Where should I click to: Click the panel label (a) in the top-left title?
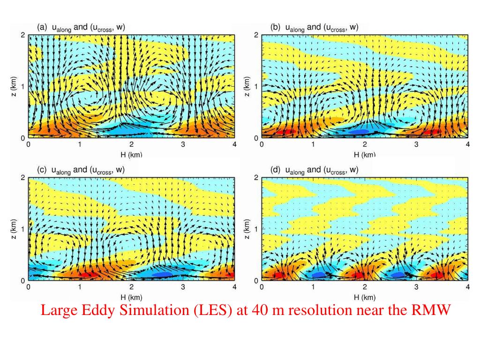coord(42,27)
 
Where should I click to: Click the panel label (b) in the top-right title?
coord(276,27)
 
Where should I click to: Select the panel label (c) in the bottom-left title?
coord(42,170)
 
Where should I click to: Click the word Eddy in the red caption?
coord(92,310)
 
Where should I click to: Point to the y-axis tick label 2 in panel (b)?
coord(256,35)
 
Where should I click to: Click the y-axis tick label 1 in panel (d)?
coord(256,229)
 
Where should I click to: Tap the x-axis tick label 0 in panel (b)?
coord(262,144)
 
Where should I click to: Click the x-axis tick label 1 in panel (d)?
coord(313,287)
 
